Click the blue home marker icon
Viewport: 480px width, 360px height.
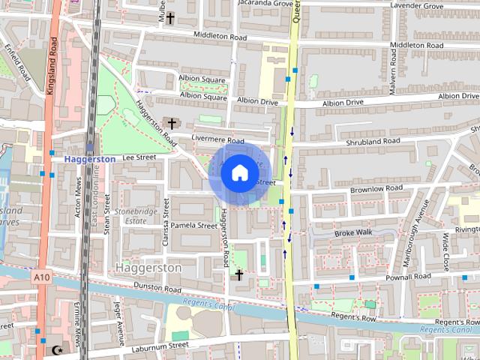point(239,173)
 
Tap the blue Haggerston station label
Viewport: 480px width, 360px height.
point(89,159)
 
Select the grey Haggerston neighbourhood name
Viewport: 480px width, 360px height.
point(148,268)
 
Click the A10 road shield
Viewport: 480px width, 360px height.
point(41,277)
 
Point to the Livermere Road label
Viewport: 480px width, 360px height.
point(218,140)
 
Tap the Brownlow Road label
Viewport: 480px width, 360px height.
point(376,189)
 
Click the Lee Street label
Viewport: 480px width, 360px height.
point(138,157)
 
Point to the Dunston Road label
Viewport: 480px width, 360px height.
point(157,288)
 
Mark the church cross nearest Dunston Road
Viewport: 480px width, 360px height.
point(239,275)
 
